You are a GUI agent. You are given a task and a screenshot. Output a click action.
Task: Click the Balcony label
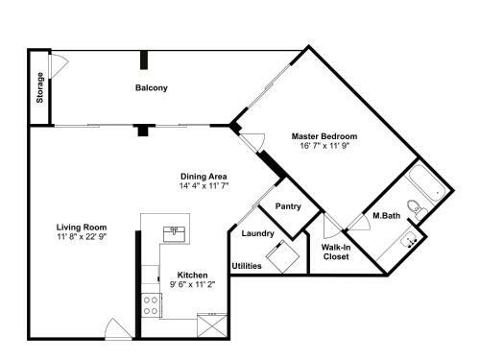pyautogui.click(x=151, y=88)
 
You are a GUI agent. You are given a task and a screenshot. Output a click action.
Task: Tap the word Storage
pyautogui.click(x=40, y=87)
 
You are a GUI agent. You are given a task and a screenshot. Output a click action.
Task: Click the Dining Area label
pyautogui.click(x=203, y=176)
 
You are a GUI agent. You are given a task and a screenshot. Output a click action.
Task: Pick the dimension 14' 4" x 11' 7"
pyautogui.click(x=203, y=186)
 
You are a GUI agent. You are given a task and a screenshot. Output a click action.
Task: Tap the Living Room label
pyautogui.click(x=81, y=227)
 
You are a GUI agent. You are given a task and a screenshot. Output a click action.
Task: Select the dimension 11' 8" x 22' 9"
pyautogui.click(x=81, y=237)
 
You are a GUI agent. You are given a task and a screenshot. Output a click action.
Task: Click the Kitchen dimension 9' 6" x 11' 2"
pyautogui.click(x=192, y=285)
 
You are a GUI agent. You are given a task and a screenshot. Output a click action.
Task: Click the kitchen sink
pyautogui.click(x=175, y=231)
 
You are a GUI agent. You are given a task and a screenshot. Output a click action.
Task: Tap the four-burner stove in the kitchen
pyautogui.click(x=151, y=305)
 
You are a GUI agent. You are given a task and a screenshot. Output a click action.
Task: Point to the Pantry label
pyautogui.click(x=288, y=206)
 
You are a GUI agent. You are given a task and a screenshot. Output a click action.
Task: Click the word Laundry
pyautogui.click(x=258, y=233)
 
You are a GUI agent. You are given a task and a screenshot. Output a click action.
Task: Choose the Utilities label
pyautogui.click(x=246, y=266)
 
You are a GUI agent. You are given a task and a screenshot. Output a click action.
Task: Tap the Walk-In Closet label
pyautogui.click(x=335, y=252)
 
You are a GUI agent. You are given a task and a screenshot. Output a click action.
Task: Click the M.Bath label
pyautogui.click(x=386, y=216)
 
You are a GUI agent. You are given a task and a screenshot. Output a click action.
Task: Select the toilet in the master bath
pyautogui.click(x=415, y=205)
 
